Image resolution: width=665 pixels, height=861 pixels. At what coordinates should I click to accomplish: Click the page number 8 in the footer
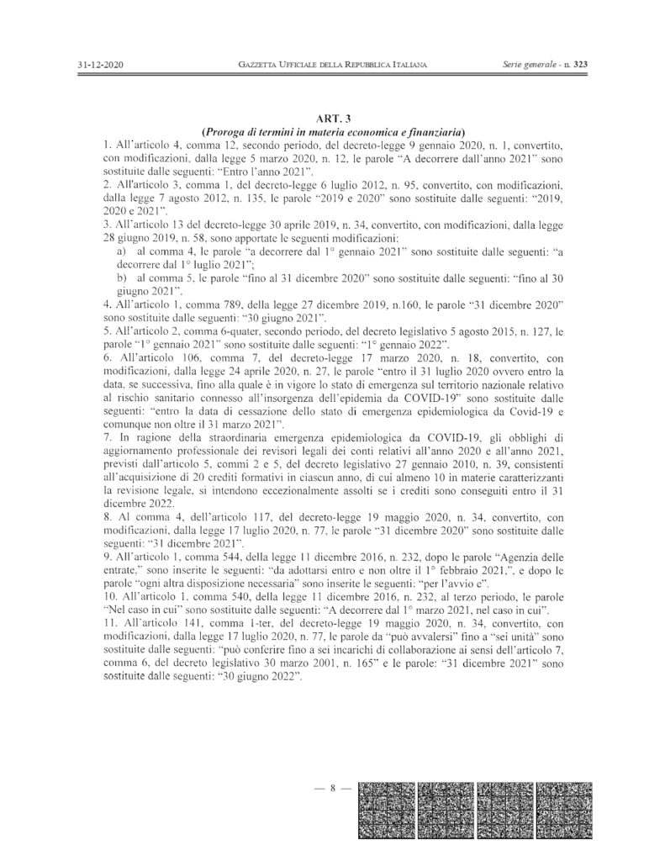(333, 788)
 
